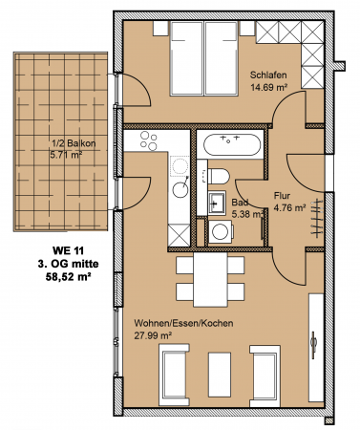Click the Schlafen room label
coord(268,75)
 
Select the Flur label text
coord(282,196)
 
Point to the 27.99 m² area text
coord(153,335)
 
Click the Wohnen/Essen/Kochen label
coord(183,323)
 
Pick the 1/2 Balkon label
coord(74,143)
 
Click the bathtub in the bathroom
coord(232,144)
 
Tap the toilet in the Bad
coord(219,176)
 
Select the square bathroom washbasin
coord(217,203)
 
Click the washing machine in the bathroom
coord(221,231)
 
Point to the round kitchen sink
coord(180,190)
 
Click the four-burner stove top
coord(149,140)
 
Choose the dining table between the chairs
coord(210,279)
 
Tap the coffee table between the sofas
coord(220,375)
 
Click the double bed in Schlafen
coord(204,58)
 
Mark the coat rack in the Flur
coord(317,218)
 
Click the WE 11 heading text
coord(68,250)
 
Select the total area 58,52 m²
coord(67,276)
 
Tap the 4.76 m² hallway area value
coord(289,208)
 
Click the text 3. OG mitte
coord(68,264)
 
